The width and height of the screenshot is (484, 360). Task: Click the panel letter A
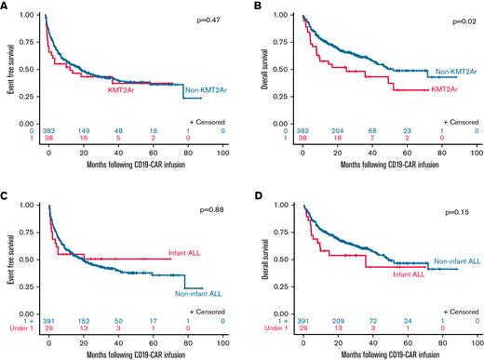click(x=5, y=7)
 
